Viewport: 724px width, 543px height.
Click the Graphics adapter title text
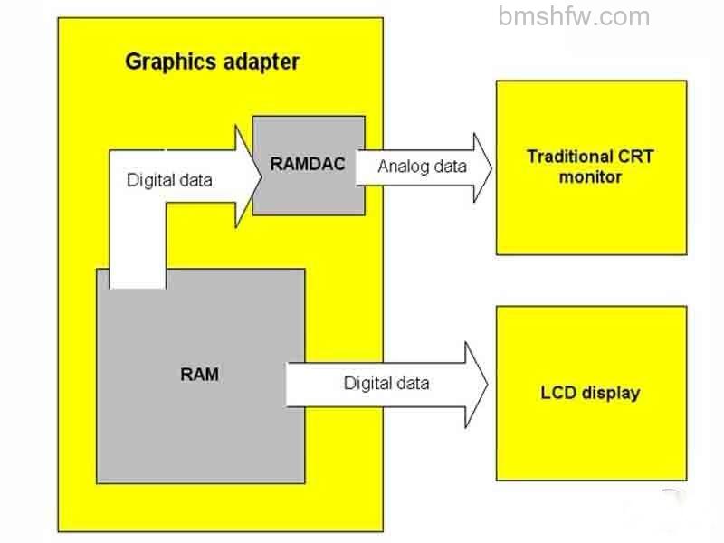tap(213, 62)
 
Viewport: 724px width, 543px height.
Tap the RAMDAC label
tap(308, 164)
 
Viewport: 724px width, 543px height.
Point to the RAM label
tap(199, 374)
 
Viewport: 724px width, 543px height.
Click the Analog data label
tap(422, 167)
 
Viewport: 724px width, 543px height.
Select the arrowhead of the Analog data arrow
tap(482, 167)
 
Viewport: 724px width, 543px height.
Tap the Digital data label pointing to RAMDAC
tap(169, 180)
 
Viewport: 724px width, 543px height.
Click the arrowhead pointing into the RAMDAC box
tap(248, 176)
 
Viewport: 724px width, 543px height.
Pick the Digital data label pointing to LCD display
tap(386, 383)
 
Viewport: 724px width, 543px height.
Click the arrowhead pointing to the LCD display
tap(476, 385)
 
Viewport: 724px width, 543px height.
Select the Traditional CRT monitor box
tap(592, 167)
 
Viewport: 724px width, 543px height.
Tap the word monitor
tap(591, 176)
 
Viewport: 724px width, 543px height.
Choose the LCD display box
tap(592, 393)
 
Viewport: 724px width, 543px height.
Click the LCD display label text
tap(591, 393)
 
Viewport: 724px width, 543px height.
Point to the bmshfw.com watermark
tap(574, 16)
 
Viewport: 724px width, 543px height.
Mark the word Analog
tap(399, 167)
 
